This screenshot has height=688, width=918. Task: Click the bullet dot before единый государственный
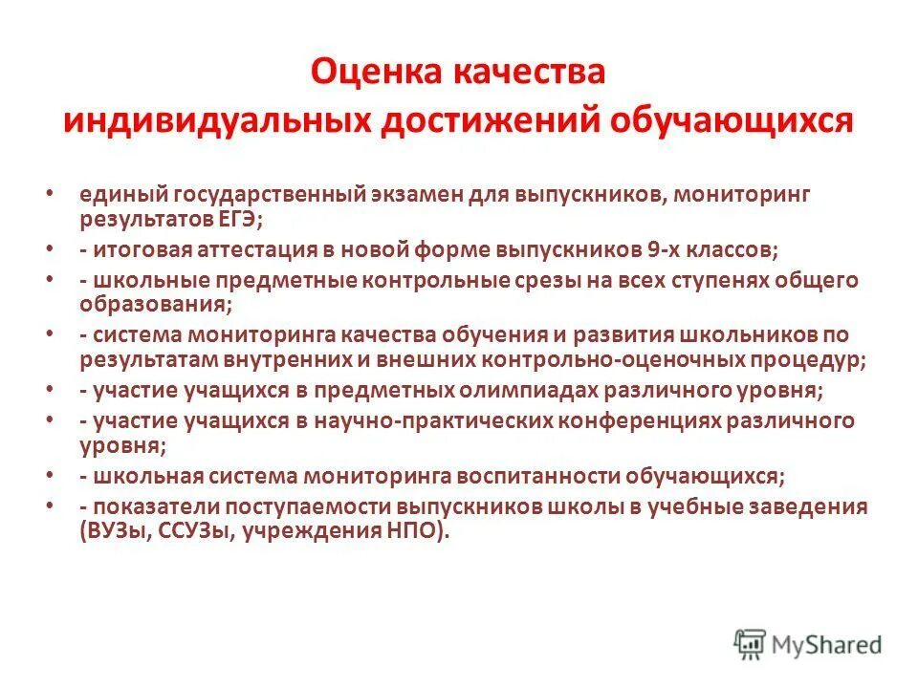[49, 194]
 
